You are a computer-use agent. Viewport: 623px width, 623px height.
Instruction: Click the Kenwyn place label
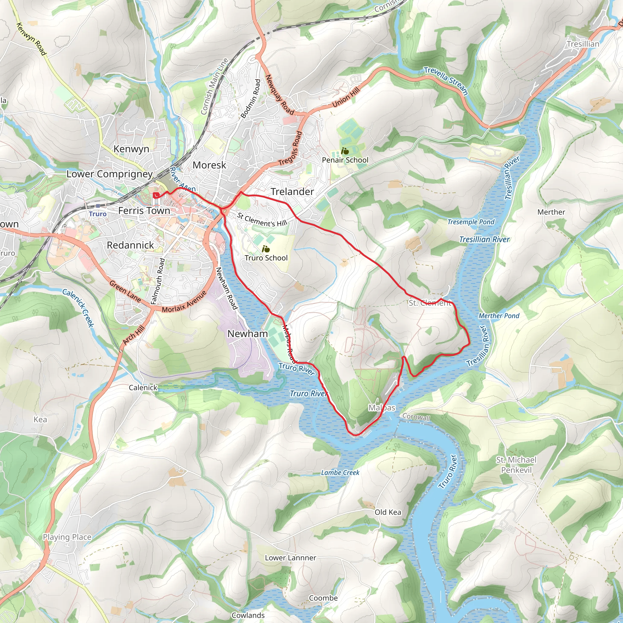pyautogui.click(x=131, y=149)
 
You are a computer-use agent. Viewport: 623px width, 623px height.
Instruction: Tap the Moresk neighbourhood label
pyautogui.click(x=209, y=165)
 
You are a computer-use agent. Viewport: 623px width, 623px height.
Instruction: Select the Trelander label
pyautogui.click(x=292, y=192)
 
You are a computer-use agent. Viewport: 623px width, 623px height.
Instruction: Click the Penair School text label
pyautogui.click(x=345, y=160)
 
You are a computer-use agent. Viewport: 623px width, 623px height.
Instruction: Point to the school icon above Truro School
pyautogui.click(x=266, y=249)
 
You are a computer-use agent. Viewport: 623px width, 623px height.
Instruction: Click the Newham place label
pyautogui.click(x=248, y=334)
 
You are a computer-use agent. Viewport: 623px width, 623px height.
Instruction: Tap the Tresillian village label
pyautogui.click(x=583, y=44)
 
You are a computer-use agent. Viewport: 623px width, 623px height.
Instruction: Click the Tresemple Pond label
pyautogui.click(x=471, y=222)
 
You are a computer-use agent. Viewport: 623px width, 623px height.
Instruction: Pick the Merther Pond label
pyautogui.click(x=499, y=316)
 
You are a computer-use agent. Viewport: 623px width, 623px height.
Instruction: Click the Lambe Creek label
pyautogui.click(x=340, y=472)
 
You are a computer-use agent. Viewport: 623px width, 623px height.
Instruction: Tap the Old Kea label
pyautogui.click(x=388, y=512)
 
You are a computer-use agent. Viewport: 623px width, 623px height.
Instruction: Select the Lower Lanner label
pyautogui.click(x=291, y=558)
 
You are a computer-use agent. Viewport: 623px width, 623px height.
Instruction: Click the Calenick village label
pyautogui.click(x=143, y=388)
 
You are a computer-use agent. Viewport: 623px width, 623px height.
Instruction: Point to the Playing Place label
pyautogui.click(x=67, y=537)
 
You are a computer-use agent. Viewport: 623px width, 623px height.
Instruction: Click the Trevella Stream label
pyautogui.click(x=446, y=81)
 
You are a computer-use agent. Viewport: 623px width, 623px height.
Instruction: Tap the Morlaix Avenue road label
pyautogui.click(x=184, y=302)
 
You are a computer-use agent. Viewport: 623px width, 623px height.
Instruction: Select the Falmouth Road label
pyautogui.click(x=158, y=281)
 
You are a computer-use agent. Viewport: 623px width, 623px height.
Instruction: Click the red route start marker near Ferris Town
pyautogui.click(x=156, y=195)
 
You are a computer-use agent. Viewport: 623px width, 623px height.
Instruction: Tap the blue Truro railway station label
pyautogui.click(x=98, y=214)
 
